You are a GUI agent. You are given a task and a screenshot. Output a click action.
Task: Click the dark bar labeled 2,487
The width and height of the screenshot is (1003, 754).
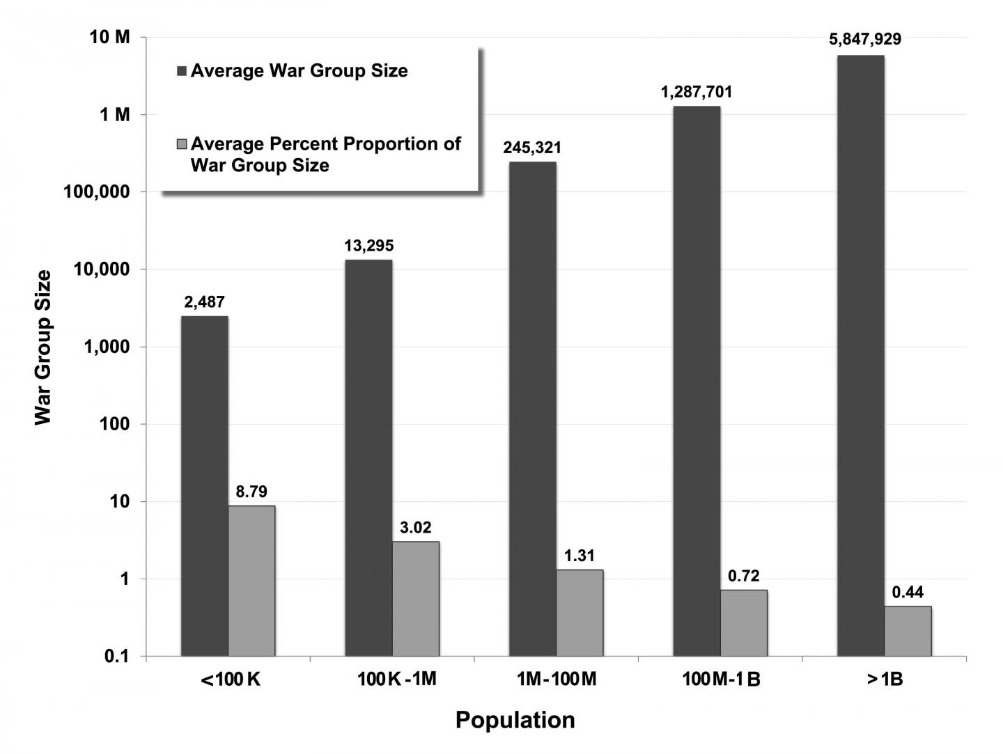[x=205, y=486]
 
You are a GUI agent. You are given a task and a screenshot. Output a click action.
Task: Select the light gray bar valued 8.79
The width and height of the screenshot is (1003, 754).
[x=251, y=581]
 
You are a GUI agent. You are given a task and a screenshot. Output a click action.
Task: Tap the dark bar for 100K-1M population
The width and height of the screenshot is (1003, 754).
[x=368, y=457]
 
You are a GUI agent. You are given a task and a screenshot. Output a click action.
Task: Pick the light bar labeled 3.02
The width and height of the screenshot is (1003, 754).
[x=416, y=599]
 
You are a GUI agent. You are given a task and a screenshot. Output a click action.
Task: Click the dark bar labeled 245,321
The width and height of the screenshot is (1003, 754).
[x=533, y=409]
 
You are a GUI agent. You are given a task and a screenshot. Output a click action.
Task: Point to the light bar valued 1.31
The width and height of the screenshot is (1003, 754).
[x=580, y=613]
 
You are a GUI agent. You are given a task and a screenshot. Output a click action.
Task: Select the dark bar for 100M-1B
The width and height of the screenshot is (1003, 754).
[x=697, y=381]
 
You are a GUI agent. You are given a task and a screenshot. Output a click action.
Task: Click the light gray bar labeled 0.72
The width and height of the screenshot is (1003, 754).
[x=744, y=623]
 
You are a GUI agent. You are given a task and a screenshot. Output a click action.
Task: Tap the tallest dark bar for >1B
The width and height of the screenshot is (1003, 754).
[x=861, y=355]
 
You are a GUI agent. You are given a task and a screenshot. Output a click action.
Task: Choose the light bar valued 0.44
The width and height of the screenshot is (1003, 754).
[x=908, y=631]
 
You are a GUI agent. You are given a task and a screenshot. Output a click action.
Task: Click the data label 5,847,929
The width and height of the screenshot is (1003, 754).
[x=865, y=40]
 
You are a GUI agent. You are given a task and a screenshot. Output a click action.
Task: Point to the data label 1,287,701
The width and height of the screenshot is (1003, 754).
[x=697, y=92]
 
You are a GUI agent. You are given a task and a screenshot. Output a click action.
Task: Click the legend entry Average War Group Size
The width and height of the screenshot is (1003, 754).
[x=299, y=71]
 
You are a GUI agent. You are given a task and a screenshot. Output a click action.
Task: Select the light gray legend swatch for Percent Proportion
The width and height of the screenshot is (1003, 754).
[x=182, y=144]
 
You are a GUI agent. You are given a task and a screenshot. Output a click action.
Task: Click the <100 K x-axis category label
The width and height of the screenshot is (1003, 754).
[x=230, y=680]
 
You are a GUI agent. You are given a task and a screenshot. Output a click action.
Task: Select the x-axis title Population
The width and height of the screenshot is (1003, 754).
[x=515, y=720]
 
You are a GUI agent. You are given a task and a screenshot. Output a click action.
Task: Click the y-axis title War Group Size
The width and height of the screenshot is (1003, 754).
[x=43, y=347]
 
